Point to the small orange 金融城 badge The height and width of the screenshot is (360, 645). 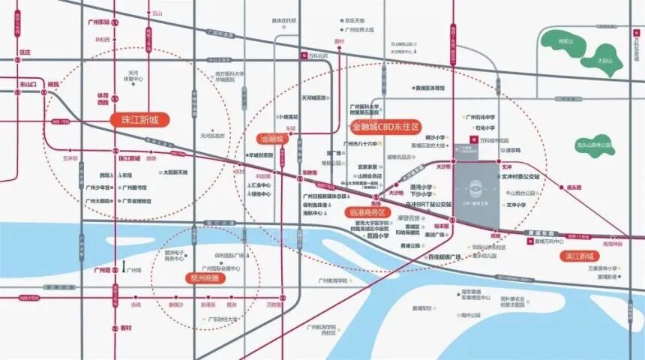point(271,139)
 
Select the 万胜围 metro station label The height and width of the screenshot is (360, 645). point(275,305)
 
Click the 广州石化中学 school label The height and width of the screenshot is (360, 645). point(480,117)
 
